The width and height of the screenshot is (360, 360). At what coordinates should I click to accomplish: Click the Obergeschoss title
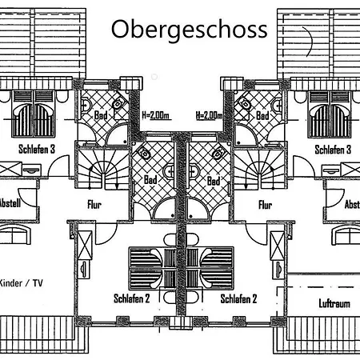point(189,30)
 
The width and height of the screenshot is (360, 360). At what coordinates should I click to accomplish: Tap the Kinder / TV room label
point(21,283)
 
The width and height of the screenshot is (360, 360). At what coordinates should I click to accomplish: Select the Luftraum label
point(334,303)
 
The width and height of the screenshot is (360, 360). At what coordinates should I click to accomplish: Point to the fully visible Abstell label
point(10,203)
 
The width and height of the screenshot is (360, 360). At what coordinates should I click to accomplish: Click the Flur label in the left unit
point(94,205)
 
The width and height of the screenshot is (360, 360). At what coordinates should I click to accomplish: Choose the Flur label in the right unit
point(266,205)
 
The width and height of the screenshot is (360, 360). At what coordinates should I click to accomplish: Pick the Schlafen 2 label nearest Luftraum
point(238,298)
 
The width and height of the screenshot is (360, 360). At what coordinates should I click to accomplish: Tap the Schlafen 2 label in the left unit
point(132,298)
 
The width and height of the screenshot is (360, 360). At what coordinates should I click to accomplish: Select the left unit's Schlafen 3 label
point(37,149)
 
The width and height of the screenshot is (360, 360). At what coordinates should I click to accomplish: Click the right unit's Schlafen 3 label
point(333,150)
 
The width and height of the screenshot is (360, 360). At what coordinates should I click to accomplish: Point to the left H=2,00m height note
point(155,115)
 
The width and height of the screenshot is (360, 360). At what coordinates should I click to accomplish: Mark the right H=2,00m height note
point(210,115)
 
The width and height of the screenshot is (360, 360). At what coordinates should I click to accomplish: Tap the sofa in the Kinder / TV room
point(14,234)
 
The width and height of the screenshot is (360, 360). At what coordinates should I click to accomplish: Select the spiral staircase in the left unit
point(103,169)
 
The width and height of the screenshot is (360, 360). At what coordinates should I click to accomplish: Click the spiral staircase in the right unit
point(260,169)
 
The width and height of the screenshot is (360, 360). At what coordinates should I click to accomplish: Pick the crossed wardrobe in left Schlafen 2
point(85,246)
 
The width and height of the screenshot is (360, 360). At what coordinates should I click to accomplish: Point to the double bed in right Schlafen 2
point(210,268)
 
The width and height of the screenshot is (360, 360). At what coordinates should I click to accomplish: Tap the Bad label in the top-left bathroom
point(101,115)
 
